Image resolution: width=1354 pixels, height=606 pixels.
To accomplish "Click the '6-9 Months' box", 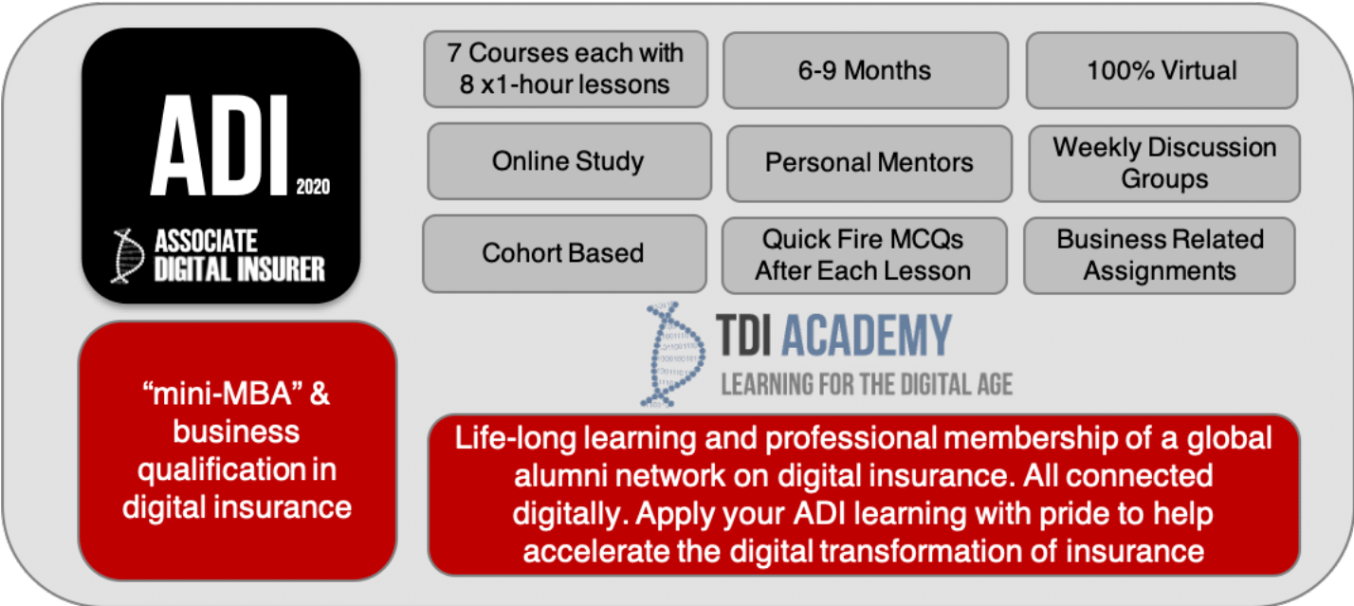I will (x=865, y=70).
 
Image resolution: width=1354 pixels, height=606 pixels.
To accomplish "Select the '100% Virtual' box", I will (x=1162, y=70).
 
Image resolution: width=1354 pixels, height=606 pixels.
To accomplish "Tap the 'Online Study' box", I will (x=568, y=161).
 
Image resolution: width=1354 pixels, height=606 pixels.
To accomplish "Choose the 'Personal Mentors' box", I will (x=869, y=162).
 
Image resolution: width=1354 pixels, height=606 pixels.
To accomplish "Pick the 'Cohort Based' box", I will (x=563, y=253).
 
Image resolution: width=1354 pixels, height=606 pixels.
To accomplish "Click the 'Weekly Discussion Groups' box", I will (x=1163, y=163).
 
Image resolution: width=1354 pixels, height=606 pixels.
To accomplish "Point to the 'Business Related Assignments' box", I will (x=1159, y=255).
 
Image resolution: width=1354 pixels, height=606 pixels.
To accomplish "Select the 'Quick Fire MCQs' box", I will (x=863, y=255).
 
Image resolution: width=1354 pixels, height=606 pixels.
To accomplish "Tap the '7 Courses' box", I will (x=565, y=68).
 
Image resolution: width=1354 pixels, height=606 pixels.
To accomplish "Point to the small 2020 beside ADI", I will (x=313, y=187).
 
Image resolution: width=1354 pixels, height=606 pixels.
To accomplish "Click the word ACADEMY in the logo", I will (x=869, y=337).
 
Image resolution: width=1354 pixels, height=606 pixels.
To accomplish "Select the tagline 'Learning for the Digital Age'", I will (x=867, y=384).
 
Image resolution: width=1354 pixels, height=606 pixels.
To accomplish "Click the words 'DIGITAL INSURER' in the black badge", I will (x=240, y=268).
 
